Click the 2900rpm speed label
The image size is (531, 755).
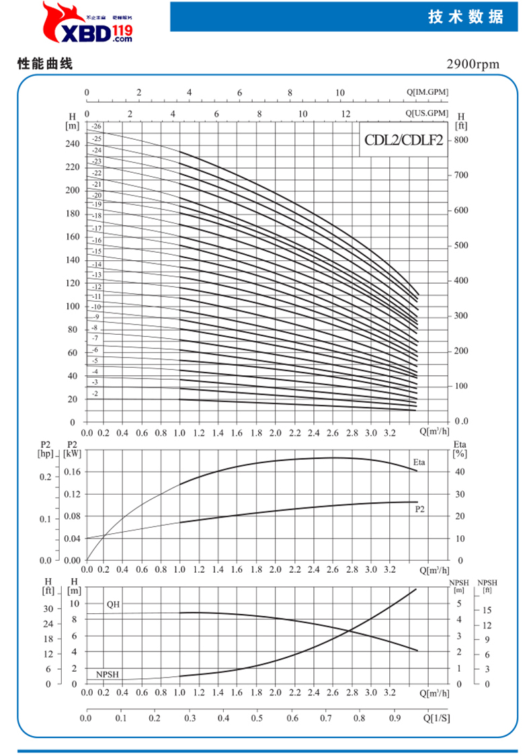coord(473,65)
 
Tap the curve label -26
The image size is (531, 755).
coord(97,126)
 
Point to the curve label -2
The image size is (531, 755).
coord(95,393)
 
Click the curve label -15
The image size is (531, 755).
coord(96,251)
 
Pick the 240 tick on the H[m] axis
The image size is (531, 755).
coord(72,144)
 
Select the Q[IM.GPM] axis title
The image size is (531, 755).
coord(427,93)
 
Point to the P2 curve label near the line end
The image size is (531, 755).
coord(420,510)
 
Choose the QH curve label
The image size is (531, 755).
coord(113,604)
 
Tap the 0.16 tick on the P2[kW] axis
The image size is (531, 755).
coord(72,472)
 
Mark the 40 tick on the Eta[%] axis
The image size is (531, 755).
coord(460,472)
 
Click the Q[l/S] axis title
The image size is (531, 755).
coord(437,718)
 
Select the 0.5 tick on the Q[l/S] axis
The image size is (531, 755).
coord(257,718)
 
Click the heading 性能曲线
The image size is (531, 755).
coord(44,65)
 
